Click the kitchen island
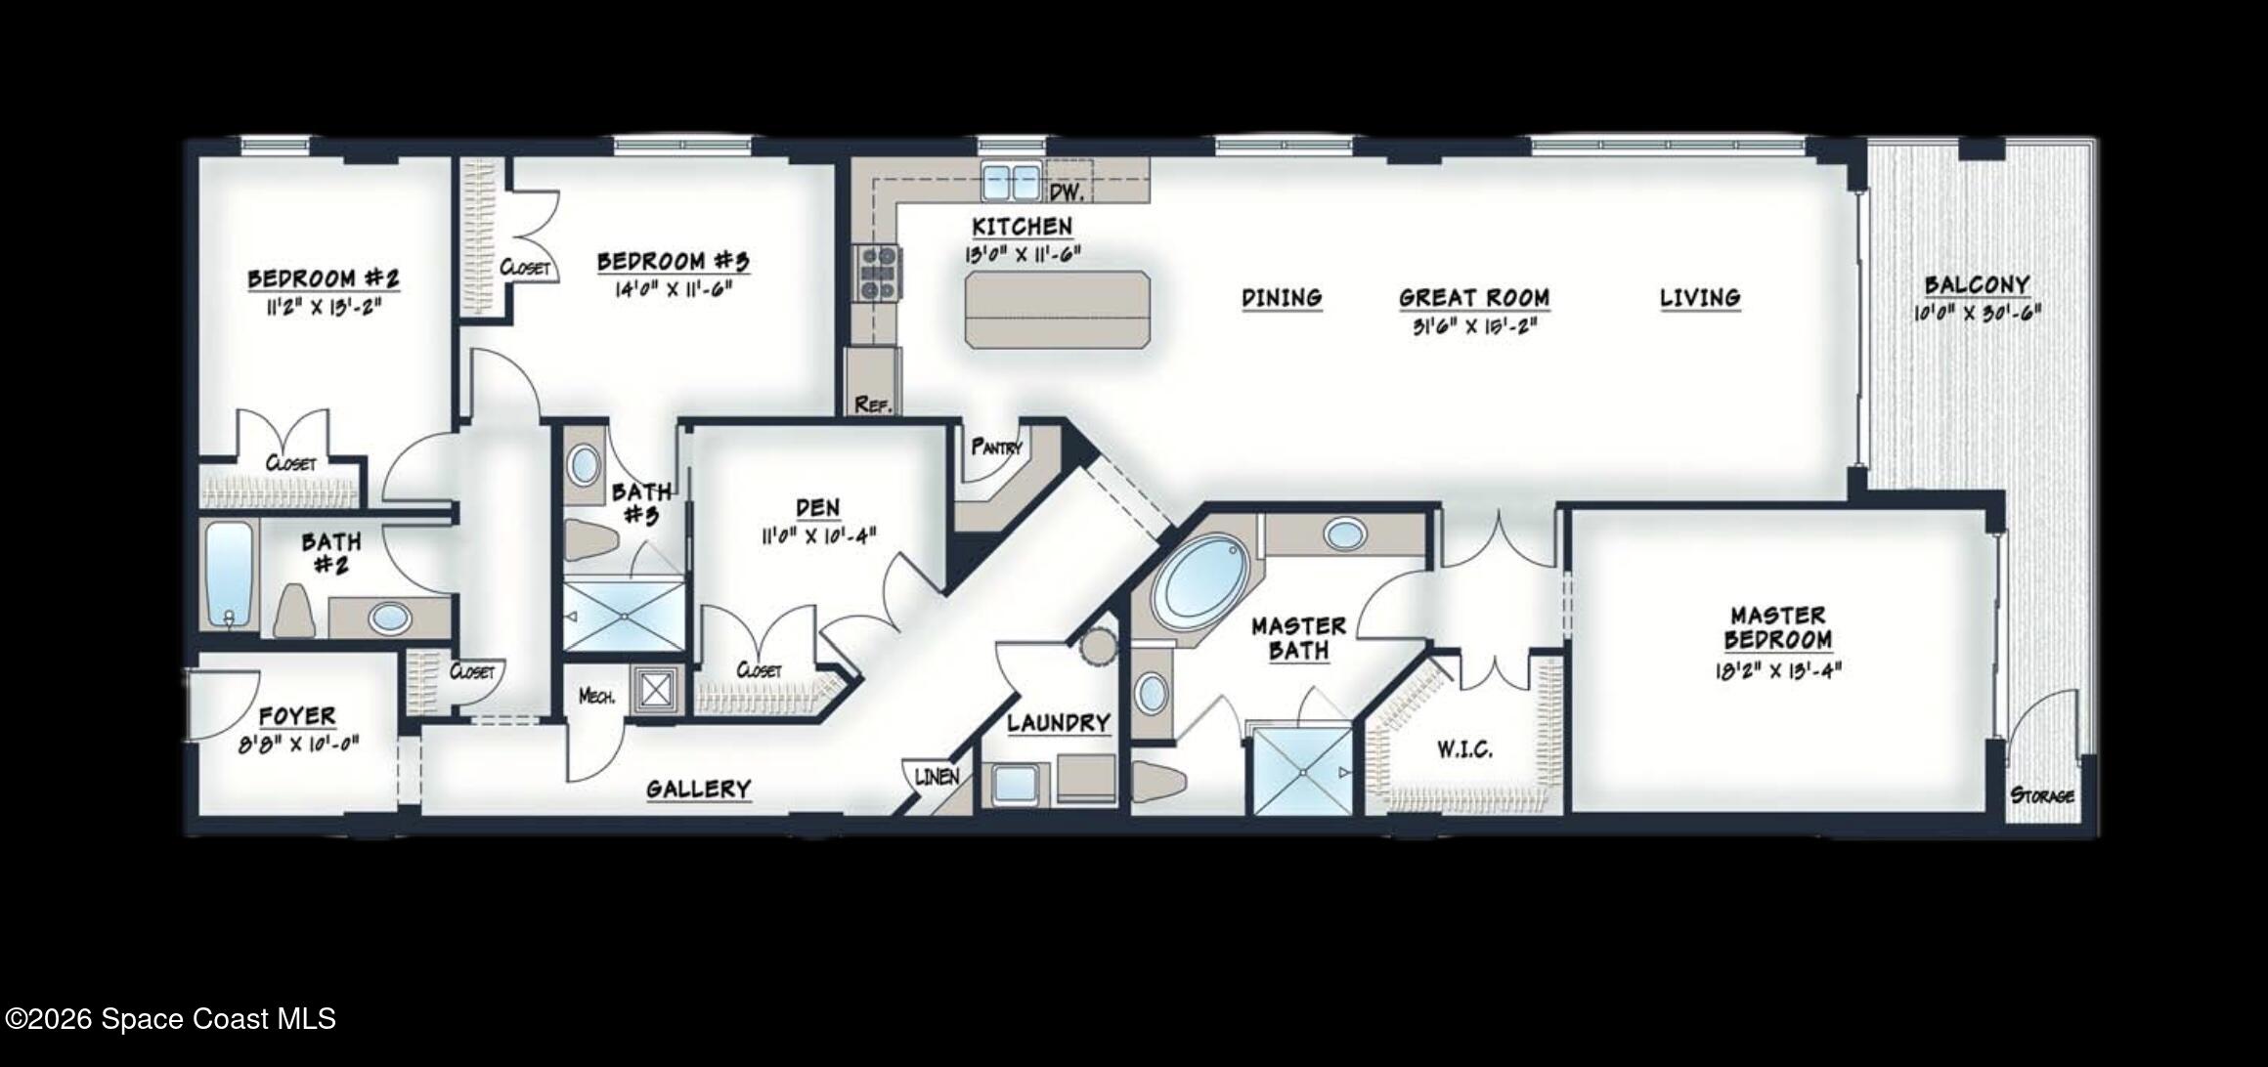coord(1058,310)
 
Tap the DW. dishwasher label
coord(1067,192)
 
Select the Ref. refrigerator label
coord(873,404)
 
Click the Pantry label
coord(996,448)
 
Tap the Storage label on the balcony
coord(2042,795)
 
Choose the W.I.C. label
coord(1464,750)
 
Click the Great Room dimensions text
coord(1474,326)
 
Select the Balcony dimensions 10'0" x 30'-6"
coord(1977,315)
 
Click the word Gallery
coord(698,790)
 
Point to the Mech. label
coord(596,697)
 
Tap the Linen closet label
coord(937,777)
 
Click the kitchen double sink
coord(1011,182)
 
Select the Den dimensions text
coord(818,535)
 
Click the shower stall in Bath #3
coord(624,616)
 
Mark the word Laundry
coord(1059,724)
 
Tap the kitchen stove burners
coord(877,273)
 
